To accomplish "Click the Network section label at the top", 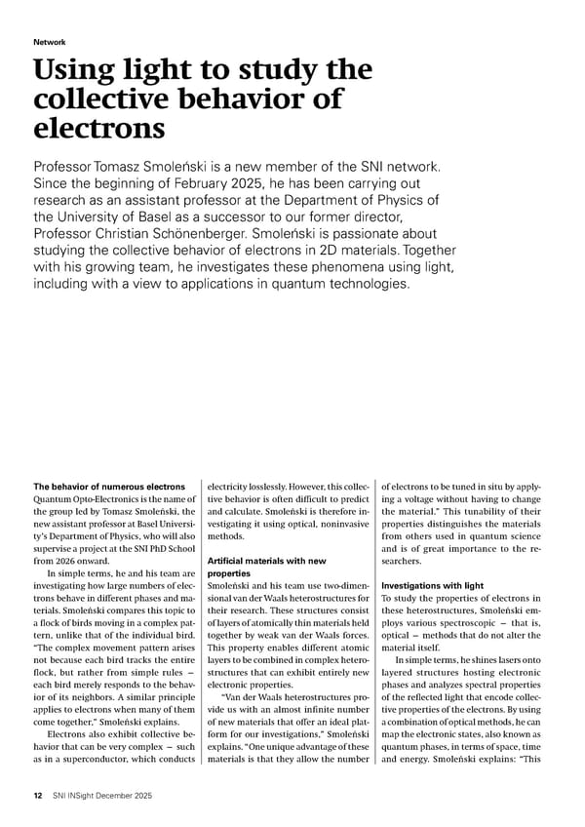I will (50, 43).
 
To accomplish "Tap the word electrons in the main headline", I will (98, 129).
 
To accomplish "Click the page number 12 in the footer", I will (38, 796).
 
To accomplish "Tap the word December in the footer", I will (125, 796).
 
